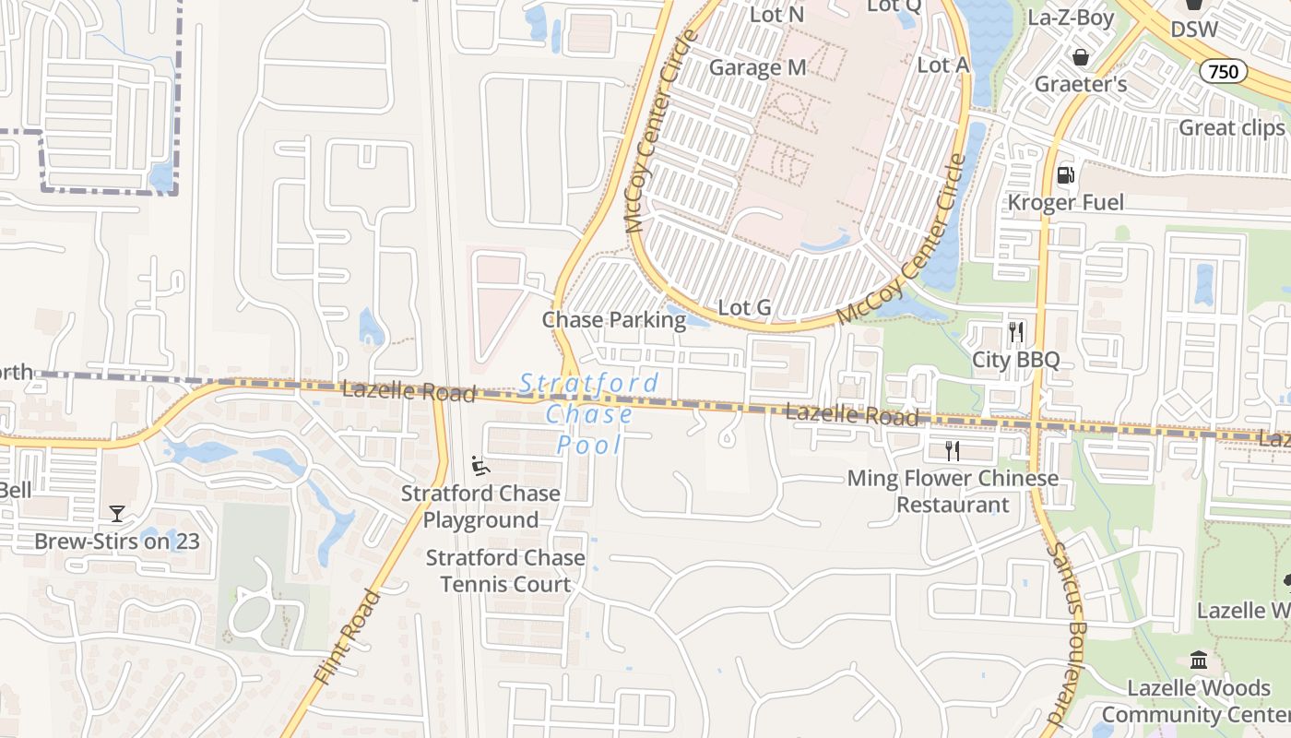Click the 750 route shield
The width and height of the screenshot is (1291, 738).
point(1224,71)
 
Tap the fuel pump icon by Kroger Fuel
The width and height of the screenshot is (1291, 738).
point(1066,173)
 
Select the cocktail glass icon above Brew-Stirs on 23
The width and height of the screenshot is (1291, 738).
point(117,514)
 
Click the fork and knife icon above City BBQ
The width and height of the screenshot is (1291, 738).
point(1016,331)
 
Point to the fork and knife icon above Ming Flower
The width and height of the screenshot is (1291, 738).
point(953,451)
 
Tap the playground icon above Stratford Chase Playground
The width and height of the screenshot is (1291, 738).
point(480,466)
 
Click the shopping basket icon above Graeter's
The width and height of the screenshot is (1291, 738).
point(1081,57)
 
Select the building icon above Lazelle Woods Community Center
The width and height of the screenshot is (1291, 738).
point(1199,661)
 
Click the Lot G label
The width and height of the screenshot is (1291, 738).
point(744,307)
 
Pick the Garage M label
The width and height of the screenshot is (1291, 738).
point(757,67)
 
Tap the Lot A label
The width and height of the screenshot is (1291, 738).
point(943,65)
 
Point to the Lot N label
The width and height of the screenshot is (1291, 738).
point(776,15)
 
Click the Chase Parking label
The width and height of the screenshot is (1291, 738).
point(613,320)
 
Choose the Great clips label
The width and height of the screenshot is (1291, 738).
point(1231,127)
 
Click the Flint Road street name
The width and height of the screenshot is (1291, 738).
point(347,637)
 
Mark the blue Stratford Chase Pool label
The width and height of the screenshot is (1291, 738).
point(589,414)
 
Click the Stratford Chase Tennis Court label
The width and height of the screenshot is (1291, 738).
point(504,571)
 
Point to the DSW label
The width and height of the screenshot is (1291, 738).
point(1193,30)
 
